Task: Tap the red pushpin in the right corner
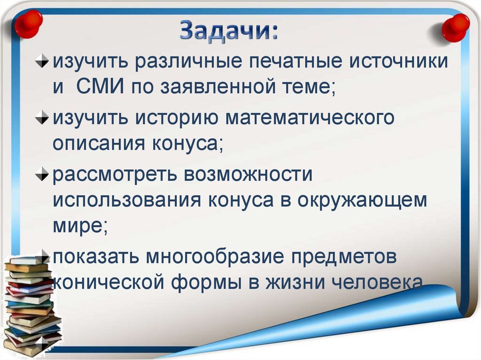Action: (x=455, y=27)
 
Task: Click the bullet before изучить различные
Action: (x=43, y=62)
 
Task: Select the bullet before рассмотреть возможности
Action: (x=43, y=174)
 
